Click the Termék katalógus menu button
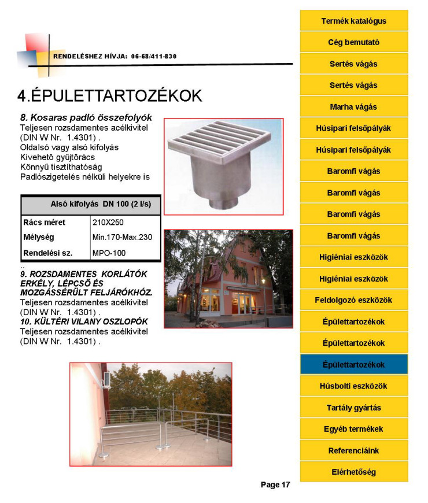353,21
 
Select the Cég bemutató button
353,42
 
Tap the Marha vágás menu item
353,107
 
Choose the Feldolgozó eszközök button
353,300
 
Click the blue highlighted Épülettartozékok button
353,365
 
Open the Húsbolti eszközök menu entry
353,386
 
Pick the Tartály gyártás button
353,408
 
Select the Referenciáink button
353,450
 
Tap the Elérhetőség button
353,472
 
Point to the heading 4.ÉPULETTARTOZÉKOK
109,95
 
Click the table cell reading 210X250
108,222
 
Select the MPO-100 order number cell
109,253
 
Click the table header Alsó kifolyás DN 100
91,205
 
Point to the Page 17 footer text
275,484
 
